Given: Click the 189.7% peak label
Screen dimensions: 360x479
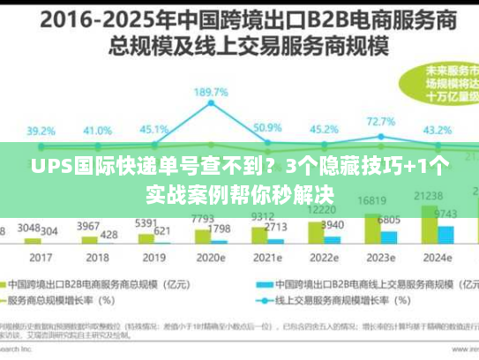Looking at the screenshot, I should click(212, 92).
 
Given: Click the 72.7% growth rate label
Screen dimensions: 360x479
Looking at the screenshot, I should click(381, 122).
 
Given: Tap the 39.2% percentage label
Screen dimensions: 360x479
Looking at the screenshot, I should click(41, 130).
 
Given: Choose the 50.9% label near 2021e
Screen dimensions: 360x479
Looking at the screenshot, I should click(267, 128).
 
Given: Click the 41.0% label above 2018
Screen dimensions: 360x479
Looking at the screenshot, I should click(98, 130).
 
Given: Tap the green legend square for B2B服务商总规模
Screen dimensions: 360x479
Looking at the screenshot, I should click(17, 284).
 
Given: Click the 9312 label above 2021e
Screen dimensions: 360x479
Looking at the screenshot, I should click(262, 216).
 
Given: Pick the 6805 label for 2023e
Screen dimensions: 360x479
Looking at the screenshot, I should click(389, 219).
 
